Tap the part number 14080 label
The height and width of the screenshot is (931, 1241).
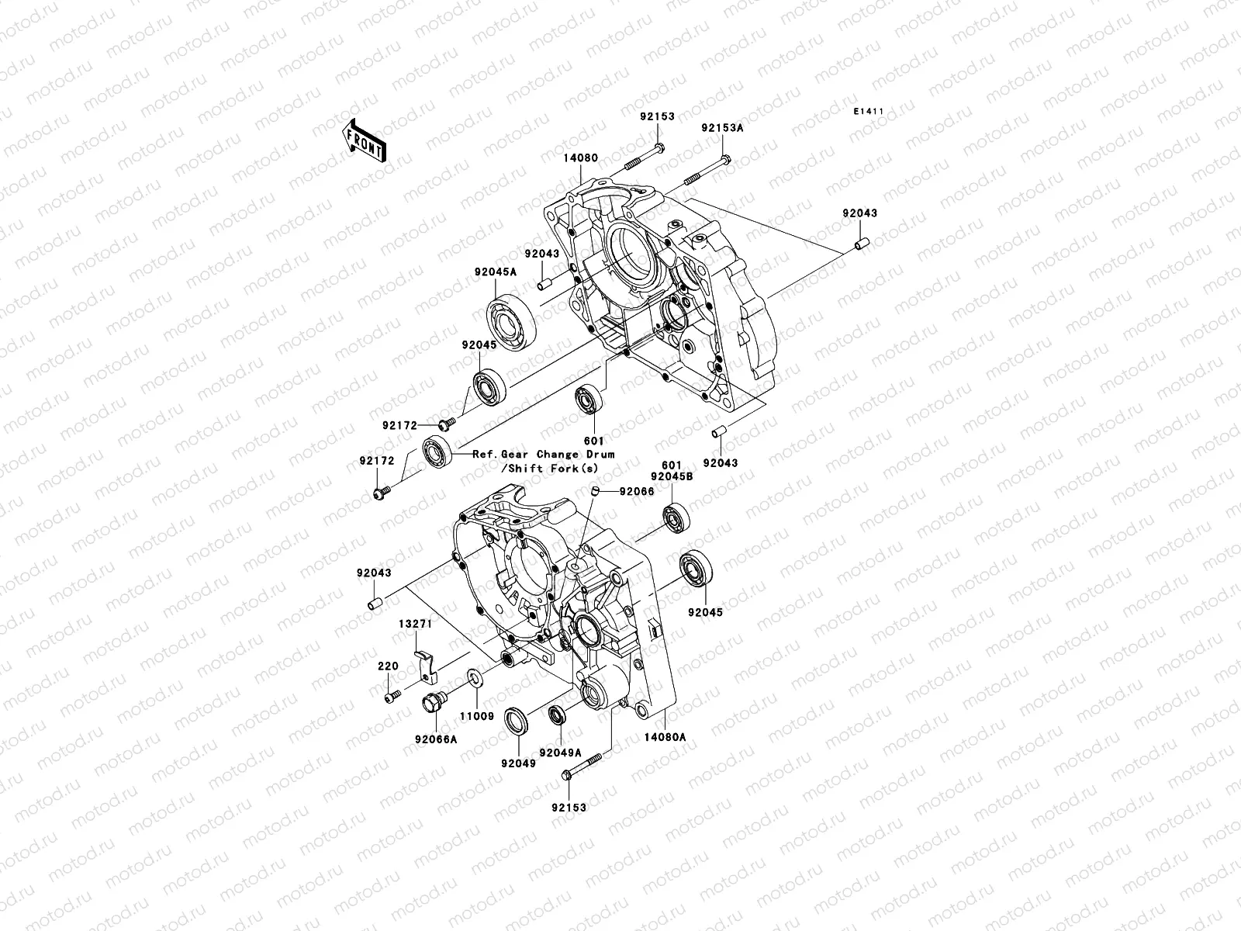[x=580, y=157]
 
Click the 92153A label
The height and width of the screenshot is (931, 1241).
[x=722, y=128]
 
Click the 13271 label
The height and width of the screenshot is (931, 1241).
[x=415, y=623]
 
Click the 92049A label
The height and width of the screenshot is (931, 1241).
[x=560, y=752]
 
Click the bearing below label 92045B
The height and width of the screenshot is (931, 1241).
[x=676, y=517]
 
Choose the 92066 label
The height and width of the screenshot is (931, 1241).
[x=636, y=492]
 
